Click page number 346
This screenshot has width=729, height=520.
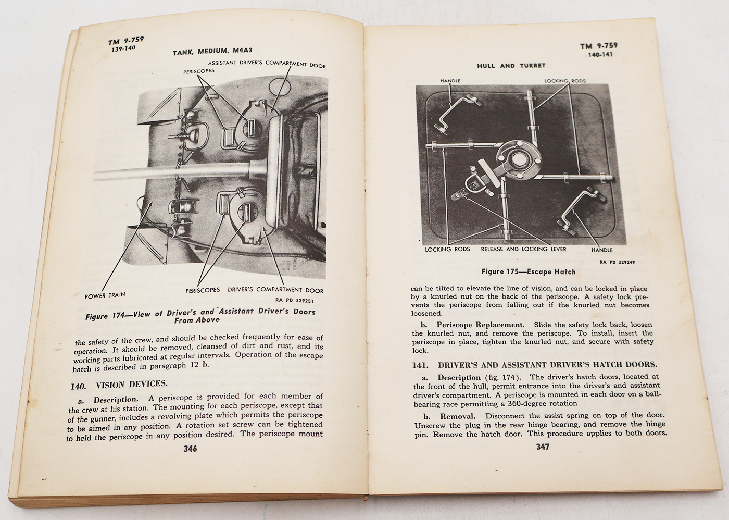190,449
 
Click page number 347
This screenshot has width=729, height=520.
542,447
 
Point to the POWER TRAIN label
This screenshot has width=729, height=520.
105,295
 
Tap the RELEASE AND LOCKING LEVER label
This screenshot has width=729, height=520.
523,249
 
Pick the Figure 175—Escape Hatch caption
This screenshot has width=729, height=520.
528,271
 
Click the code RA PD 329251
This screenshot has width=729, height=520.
294,300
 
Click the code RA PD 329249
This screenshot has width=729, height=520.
617,263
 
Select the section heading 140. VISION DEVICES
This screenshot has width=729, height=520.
119,385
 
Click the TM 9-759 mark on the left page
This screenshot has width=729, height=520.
126,41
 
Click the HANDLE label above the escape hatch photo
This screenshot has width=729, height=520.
450,81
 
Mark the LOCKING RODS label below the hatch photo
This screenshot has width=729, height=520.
447,249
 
